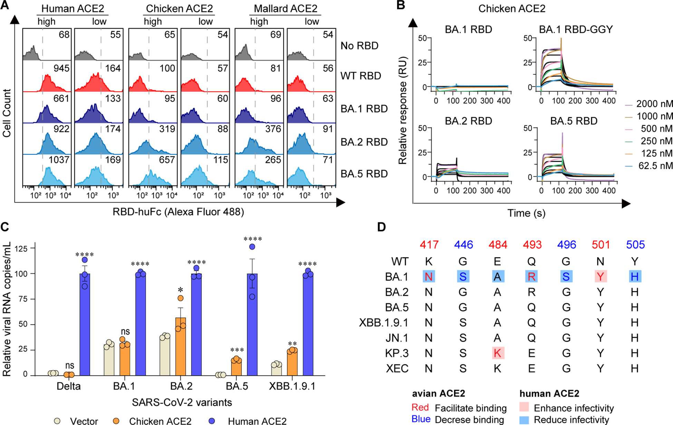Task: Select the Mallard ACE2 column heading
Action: [x=285, y=8]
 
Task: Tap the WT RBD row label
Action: [x=360, y=76]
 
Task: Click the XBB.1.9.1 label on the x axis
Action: [x=292, y=386]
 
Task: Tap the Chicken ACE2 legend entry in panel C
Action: [x=160, y=421]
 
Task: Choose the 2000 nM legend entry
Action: [x=654, y=104]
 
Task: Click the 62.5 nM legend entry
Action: [x=655, y=166]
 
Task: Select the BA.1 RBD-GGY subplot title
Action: [x=576, y=29]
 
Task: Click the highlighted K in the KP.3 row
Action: [x=497, y=353]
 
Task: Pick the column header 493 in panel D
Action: [x=532, y=245]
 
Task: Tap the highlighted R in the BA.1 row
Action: [x=532, y=276]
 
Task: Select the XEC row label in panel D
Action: [x=397, y=368]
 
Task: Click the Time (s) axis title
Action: [x=526, y=213]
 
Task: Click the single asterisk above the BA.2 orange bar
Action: [x=180, y=290]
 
